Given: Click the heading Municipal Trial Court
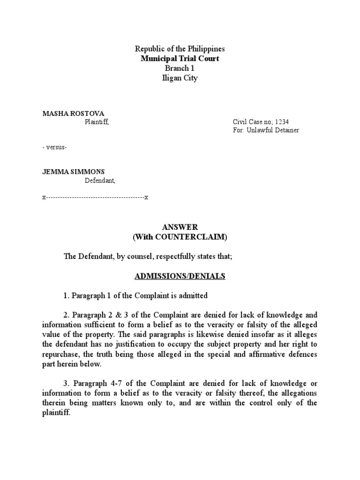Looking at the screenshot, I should point(180,59).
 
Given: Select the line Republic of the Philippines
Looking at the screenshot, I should point(180,49).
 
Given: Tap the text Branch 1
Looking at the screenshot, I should point(180,68).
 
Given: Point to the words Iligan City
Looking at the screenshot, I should point(180,78).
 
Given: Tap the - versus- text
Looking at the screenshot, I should point(54,147).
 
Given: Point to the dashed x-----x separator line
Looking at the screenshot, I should point(95,197).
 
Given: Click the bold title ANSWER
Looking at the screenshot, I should point(180,227).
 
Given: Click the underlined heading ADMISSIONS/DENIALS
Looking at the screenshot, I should point(180,277).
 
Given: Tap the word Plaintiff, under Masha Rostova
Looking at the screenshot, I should point(97,122).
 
